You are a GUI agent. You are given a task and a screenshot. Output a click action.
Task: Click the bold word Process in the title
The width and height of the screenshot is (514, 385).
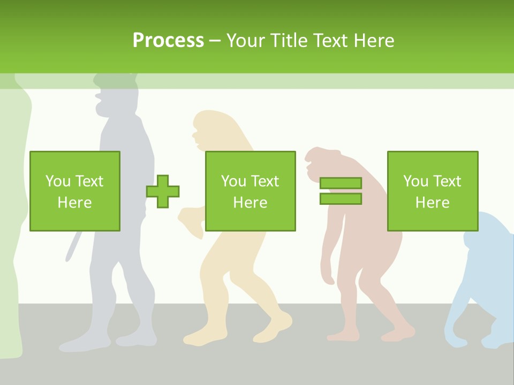pyautogui.click(x=168, y=41)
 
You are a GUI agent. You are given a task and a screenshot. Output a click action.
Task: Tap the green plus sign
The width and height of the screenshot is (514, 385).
pyautogui.click(x=163, y=191)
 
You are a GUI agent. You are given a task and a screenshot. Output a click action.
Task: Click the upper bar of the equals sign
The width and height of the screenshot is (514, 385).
pyautogui.click(x=341, y=183)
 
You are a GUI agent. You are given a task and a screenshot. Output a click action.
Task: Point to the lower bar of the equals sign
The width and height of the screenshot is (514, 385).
pyautogui.click(x=341, y=198)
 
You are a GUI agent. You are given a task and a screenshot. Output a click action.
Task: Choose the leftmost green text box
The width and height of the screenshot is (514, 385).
pyautogui.click(x=75, y=191)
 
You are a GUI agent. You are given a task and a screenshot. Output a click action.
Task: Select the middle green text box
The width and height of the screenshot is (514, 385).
pyautogui.click(x=250, y=191)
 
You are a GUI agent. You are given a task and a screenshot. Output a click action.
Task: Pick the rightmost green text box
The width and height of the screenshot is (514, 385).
pyautogui.click(x=433, y=191)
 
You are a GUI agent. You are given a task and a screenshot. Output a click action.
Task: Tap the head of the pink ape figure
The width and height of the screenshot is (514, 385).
pyautogui.click(x=321, y=160)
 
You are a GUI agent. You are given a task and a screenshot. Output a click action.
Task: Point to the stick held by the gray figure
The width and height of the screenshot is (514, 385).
pyautogui.click(x=71, y=247)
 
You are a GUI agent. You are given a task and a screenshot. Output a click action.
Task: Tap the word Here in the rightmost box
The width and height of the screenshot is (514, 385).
pyautogui.click(x=433, y=203)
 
